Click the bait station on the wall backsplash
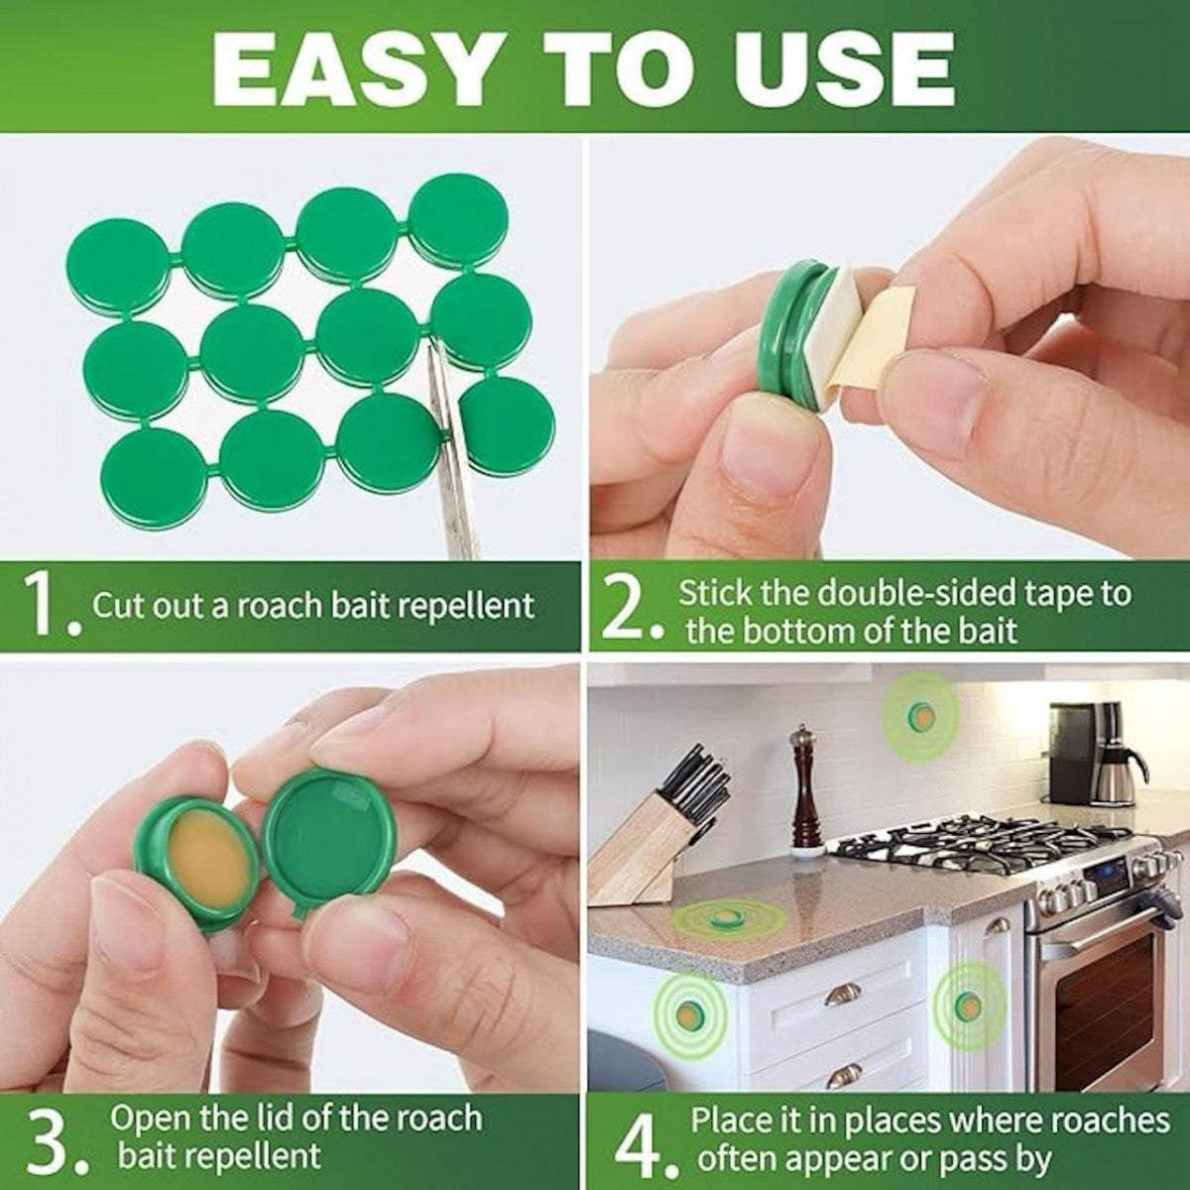[x=922, y=714]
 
